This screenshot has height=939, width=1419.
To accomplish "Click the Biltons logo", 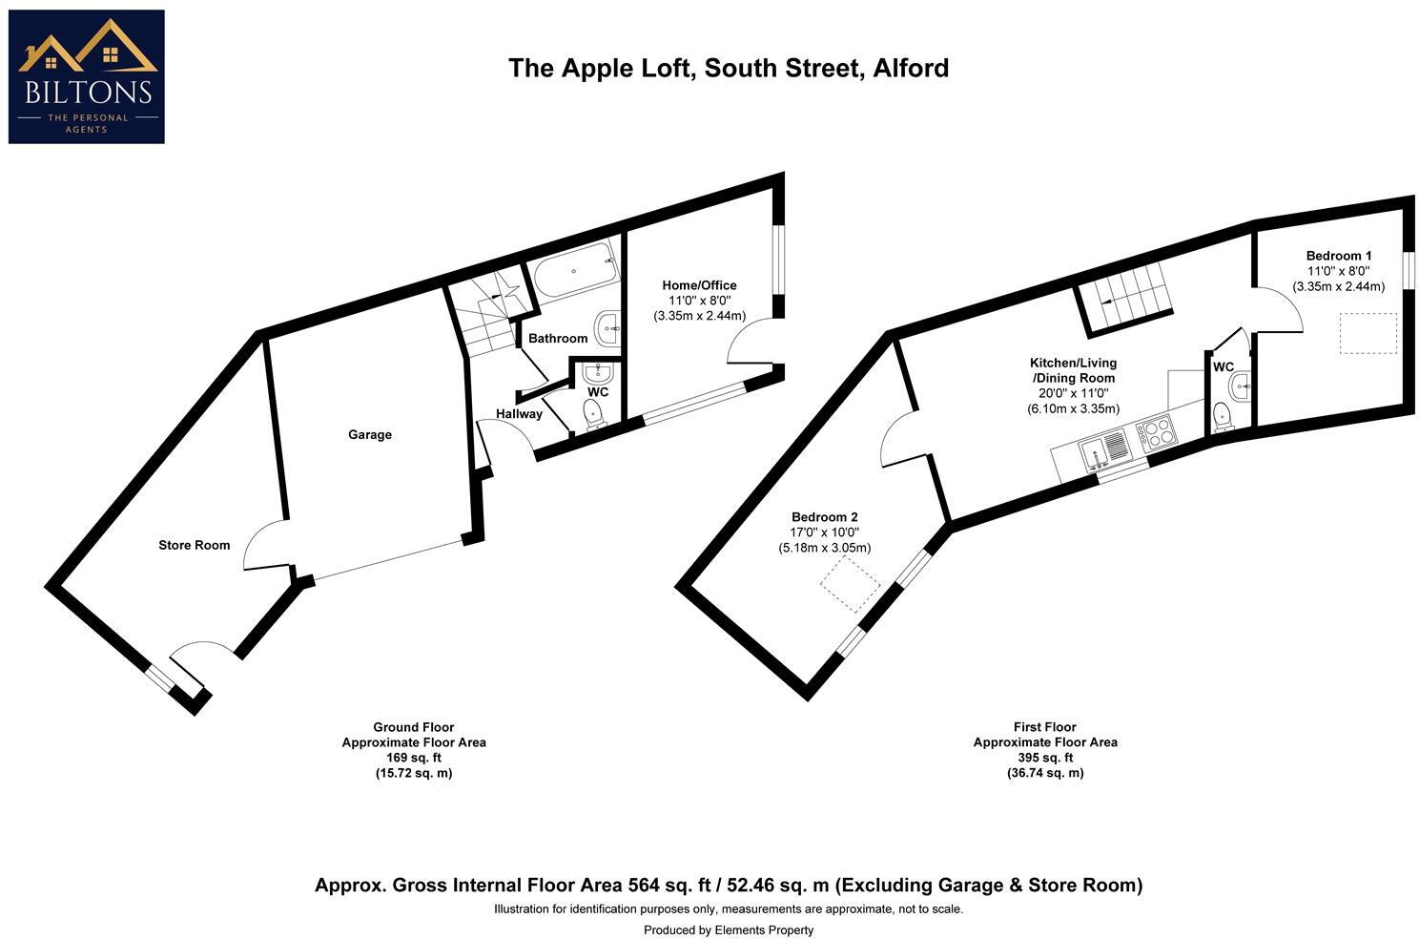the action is pyautogui.click(x=86, y=76).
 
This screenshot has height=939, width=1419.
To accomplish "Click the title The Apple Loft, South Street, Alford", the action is pyautogui.click(x=728, y=68).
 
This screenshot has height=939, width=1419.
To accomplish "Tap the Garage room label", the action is pyautogui.click(x=369, y=434).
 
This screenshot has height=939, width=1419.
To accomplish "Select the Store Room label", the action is pyautogui.click(x=194, y=545).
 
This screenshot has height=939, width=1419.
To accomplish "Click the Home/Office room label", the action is pyautogui.click(x=699, y=285).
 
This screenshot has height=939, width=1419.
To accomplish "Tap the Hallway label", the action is pyautogui.click(x=519, y=413).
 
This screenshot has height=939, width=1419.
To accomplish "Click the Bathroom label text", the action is pyautogui.click(x=558, y=338).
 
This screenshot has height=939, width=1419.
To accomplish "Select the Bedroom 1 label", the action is pyautogui.click(x=1338, y=256).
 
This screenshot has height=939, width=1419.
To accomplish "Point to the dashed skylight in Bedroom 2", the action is pyautogui.click(x=852, y=584).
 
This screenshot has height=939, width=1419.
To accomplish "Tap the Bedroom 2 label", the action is pyautogui.click(x=824, y=517).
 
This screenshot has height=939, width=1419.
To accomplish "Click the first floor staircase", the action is pyautogui.click(x=1125, y=297).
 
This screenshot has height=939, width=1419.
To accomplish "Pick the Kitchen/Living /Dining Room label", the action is pyautogui.click(x=1072, y=370).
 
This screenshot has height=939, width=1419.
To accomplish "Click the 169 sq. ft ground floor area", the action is pyautogui.click(x=413, y=758).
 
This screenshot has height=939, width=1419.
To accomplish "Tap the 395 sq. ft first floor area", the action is pyautogui.click(x=1044, y=758).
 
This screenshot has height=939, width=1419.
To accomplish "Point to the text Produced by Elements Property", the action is pyautogui.click(x=728, y=929).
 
